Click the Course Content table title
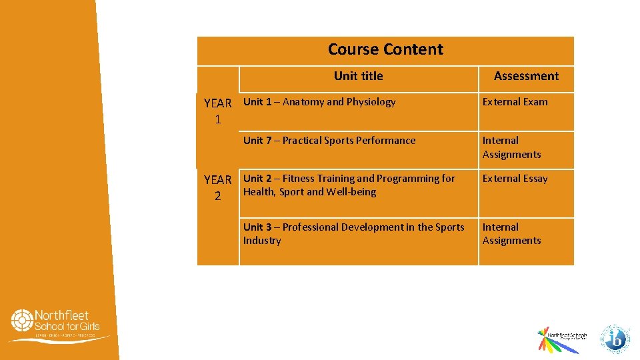[x=385, y=49]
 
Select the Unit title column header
[x=358, y=76]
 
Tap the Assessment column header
[x=526, y=76]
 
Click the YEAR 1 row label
[x=217, y=111]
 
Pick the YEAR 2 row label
[x=217, y=187]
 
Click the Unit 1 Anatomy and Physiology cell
[x=319, y=102]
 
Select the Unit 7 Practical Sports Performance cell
[x=329, y=141]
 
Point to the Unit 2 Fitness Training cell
[x=349, y=185]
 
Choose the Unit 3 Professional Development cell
[x=353, y=234]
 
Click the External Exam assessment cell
[x=515, y=102]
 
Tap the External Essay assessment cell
[x=515, y=179]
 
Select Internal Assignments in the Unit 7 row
[x=511, y=147]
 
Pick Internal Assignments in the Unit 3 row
[x=511, y=234]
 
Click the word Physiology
[x=371, y=102]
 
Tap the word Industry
[x=262, y=241]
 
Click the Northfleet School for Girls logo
[x=59, y=325]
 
